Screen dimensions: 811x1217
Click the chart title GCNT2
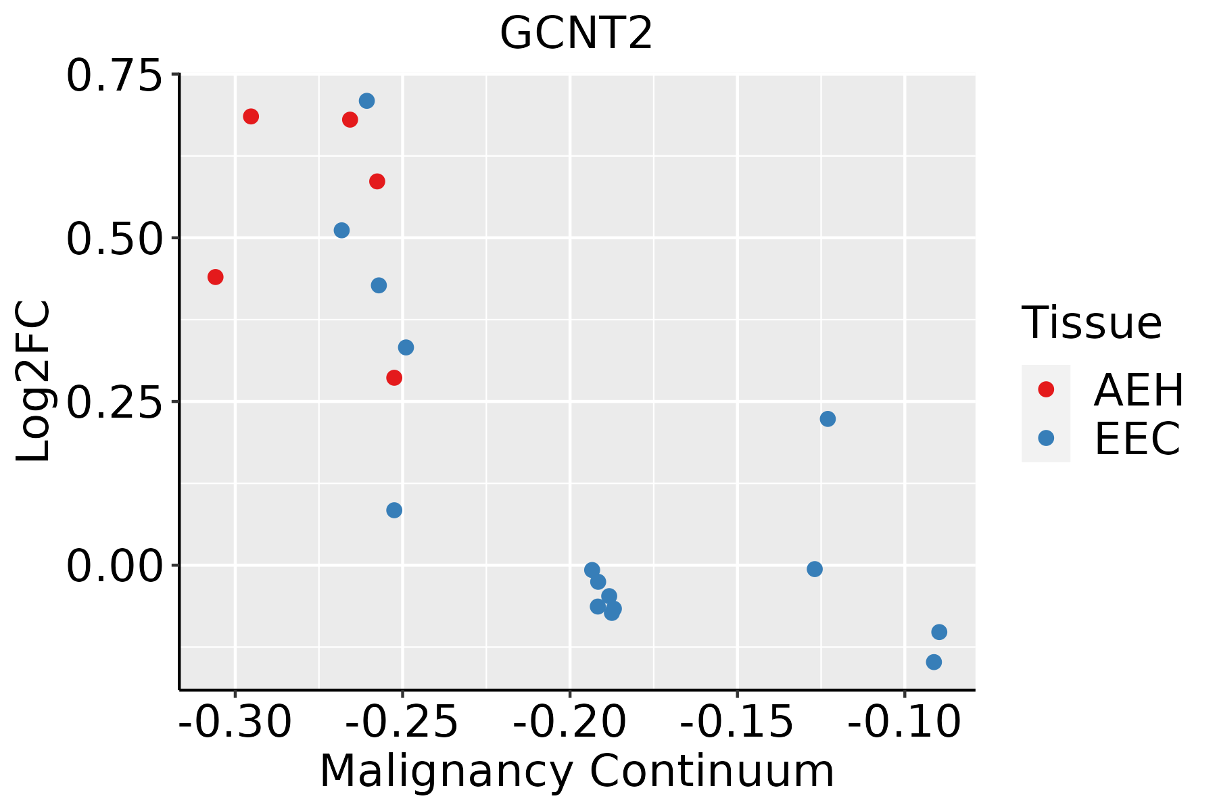coord(576,33)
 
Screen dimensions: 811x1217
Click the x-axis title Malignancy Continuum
coord(576,771)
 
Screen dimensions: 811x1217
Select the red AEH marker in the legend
coord(1046,389)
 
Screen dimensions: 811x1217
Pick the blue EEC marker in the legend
coord(1046,438)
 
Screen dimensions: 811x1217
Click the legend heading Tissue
coord(1091,323)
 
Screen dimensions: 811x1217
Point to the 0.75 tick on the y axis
coord(115,75)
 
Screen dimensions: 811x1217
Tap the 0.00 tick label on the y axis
coord(115,566)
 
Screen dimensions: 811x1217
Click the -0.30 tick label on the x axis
coord(235,722)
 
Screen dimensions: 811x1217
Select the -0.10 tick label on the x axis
coord(904,722)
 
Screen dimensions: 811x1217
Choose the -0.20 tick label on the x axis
coord(569,722)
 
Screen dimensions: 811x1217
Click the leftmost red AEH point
coord(216,277)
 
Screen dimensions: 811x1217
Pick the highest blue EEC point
coord(367,101)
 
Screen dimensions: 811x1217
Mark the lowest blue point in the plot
coord(934,662)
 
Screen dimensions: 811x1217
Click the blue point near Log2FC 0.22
coord(828,419)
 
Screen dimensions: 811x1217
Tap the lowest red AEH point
coord(394,378)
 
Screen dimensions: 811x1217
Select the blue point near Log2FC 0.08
coord(394,510)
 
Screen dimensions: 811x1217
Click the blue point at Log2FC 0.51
coord(342,230)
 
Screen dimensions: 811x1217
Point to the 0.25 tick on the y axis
coord(115,402)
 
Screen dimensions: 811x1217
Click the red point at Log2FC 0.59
coord(377,182)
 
